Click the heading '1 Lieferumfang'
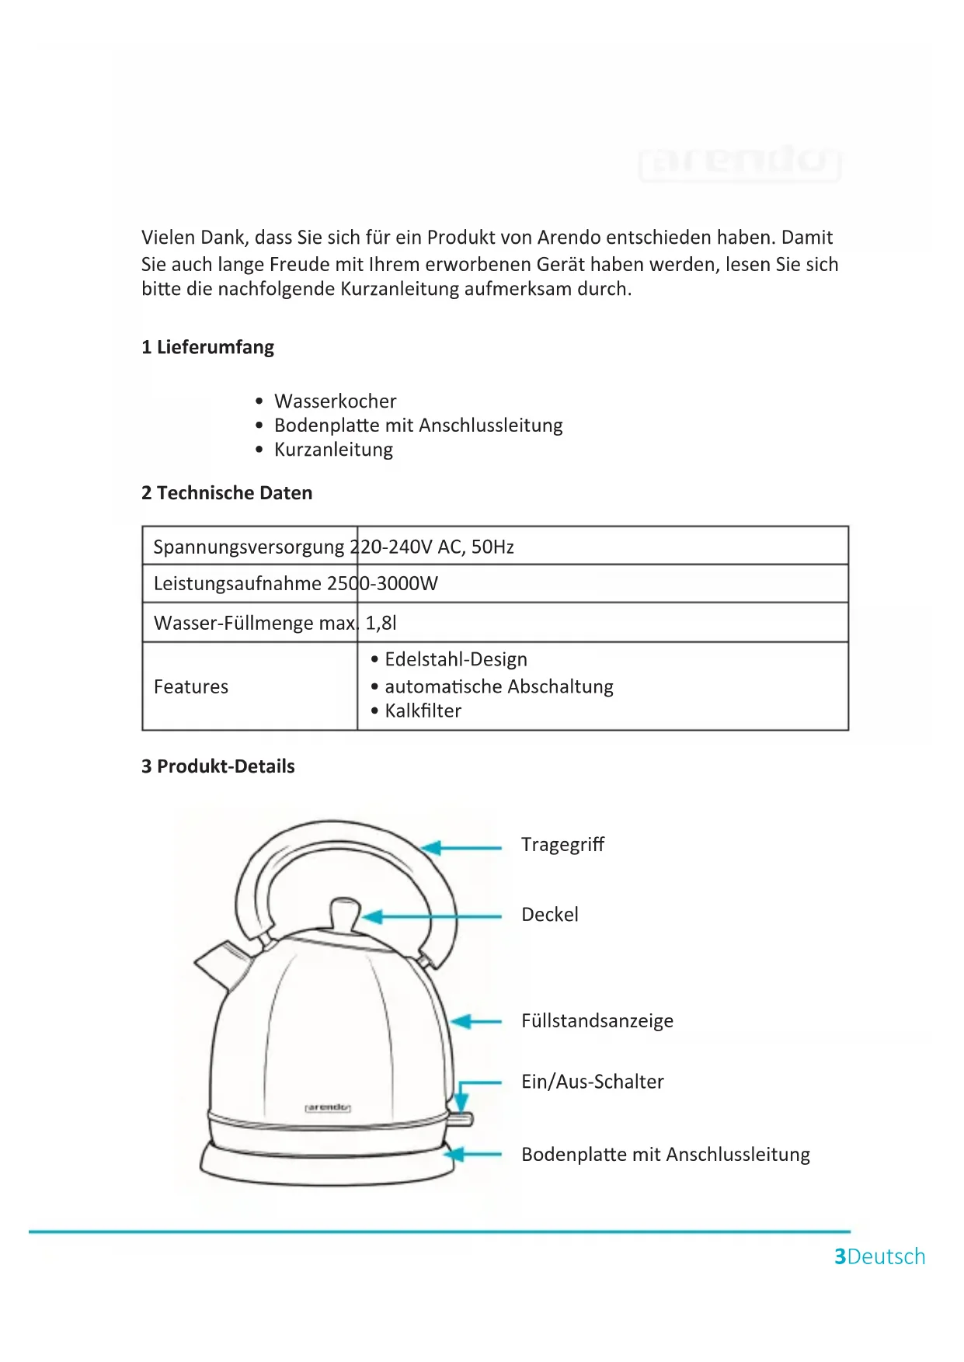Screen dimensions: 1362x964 207,347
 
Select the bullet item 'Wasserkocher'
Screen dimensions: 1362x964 335,401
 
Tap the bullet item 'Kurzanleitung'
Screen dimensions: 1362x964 333,450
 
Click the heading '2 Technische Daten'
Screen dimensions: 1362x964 227,493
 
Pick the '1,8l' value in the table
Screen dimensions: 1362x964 381,623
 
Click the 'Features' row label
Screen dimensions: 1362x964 191,686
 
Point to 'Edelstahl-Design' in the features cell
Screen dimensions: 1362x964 456,659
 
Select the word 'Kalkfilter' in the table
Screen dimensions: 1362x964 423,711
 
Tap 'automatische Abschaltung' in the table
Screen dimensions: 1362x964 499,686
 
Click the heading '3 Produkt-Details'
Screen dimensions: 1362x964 218,766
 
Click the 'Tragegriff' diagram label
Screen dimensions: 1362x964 562,844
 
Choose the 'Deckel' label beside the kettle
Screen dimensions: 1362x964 550,915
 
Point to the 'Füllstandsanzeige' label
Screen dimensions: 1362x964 597,1020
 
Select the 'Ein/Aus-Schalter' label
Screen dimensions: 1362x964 593,1082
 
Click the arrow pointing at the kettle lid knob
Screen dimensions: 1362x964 431,917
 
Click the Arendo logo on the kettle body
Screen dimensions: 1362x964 328,1107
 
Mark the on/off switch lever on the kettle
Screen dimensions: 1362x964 462,1119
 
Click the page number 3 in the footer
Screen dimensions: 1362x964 840,1256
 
